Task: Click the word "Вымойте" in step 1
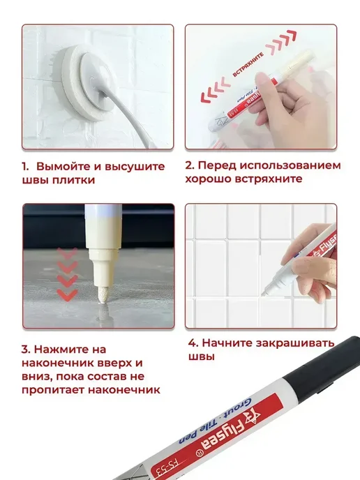click(63, 167)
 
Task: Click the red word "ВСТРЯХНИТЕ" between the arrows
click(248, 65)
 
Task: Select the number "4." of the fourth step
click(193, 343)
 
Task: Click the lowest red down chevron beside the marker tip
click(67, 295)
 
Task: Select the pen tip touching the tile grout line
click(264, 292)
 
